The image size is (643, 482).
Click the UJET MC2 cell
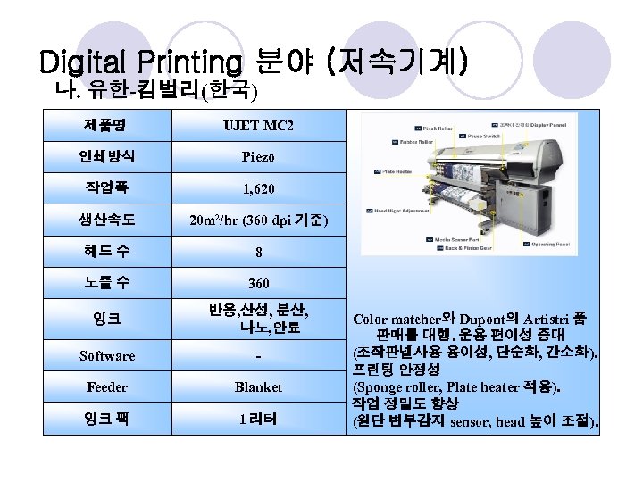pyautogui.click(x=257, y=126)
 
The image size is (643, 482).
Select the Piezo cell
pyautogui.click(x=257, y=157)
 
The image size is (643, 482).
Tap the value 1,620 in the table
pyautogui.click(x=257, y=188)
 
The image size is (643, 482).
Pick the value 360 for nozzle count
pyautogui.click(x=257, y=283)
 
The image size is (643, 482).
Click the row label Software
pyautogui.click(x=107, y=355)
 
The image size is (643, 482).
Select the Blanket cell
pyautogui.click(x=257, y=386)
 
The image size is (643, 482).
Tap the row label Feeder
pyautogui.click(x=107, y=386)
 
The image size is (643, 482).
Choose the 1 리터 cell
pyautogui.click(x=257, y=418)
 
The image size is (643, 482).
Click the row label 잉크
pyautogui.click(x=107, y=318)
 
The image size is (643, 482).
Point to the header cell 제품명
pyautogui.click(x=107, y=124)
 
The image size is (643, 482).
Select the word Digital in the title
pyautogui.click(x=85, y=62)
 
